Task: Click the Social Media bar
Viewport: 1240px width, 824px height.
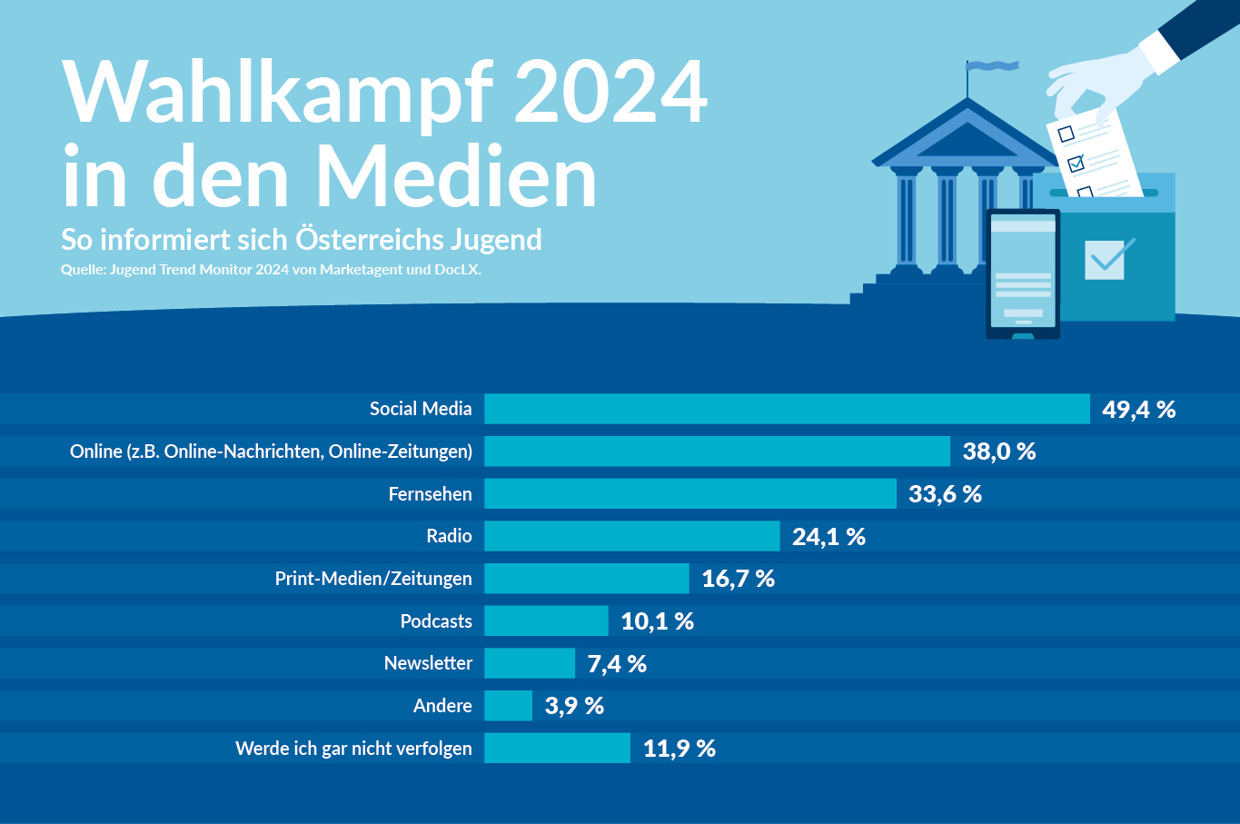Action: (787, 409)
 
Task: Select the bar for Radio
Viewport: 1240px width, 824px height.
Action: (632, 536)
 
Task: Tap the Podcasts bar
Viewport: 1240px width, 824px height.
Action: (546, 621)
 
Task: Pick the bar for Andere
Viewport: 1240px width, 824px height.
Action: (508, 706)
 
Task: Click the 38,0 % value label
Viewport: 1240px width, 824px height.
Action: (999, 452)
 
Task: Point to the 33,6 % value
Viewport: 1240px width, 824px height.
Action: (945, 494)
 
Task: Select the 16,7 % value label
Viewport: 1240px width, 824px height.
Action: (738, 579)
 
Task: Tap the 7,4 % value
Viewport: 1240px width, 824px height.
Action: (617, 664)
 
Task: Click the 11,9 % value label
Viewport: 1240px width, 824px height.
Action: (679, 749)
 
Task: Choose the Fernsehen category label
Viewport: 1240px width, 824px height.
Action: (430, 494)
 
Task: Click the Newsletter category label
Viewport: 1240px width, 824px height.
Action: (428, 663)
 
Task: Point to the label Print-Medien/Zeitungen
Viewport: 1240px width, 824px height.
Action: (373, 579)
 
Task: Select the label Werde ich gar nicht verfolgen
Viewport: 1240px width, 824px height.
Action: (353, 749)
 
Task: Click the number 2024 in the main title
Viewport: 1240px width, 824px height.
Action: (610, 93)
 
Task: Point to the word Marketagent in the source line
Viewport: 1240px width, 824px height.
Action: (362, 270)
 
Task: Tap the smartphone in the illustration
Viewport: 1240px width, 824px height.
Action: (1023, 274)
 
